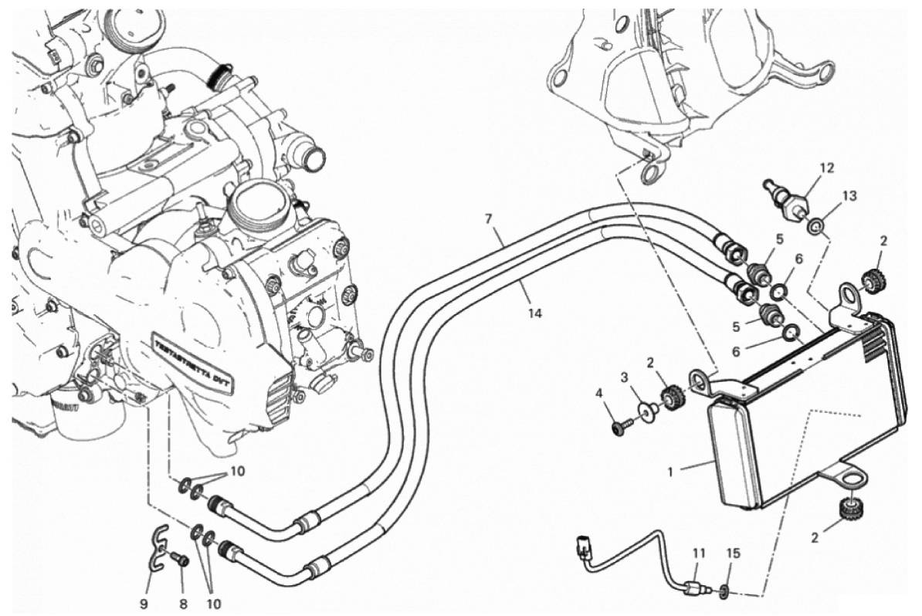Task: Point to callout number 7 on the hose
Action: tap(488, 218)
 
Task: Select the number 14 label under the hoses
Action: tap(535, 313)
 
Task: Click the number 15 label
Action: tap(734, 553)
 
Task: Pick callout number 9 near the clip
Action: tap(144, 602)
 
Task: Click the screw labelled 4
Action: tap(619, 425)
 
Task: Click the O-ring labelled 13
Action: tap(816, 225)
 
